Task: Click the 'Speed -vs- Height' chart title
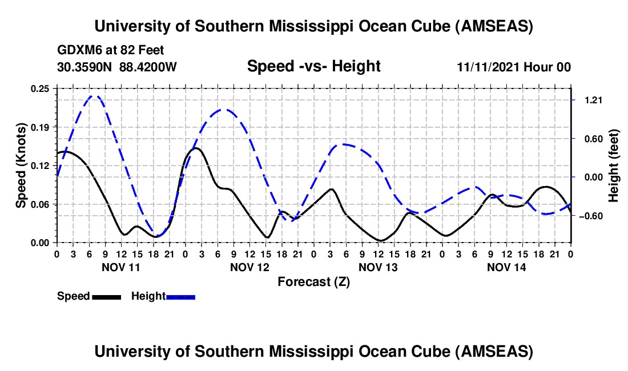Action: point(313,67)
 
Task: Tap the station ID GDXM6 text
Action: point(77,50)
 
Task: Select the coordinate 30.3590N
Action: point(85,67)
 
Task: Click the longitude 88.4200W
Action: point(148,67)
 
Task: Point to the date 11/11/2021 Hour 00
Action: point(514,67)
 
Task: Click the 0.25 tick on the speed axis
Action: point(41,88)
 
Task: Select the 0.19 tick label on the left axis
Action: point(41,127)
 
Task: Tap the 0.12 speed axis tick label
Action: point(41,166)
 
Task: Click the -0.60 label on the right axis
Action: point(591,216)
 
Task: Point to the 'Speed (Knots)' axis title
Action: point(21,166)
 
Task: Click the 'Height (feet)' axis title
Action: point(614,166)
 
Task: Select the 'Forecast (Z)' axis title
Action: point(313,281)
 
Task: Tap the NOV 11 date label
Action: point(120,267)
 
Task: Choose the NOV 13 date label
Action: point(378,267)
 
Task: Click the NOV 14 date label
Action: point(506,267)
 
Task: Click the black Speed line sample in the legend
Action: point(106,297)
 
